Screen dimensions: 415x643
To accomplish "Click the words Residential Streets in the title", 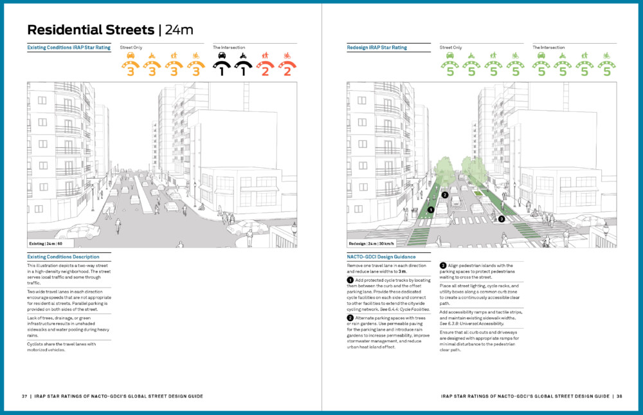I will [90, 30].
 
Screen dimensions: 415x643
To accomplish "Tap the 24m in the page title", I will [179, 30].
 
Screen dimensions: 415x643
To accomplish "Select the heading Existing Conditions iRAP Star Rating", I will [69, 48].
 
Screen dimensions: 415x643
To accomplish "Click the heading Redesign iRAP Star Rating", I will [376, 48].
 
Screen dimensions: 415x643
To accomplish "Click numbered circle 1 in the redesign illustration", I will [430, 210].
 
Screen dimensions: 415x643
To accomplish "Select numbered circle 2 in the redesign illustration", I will [445, 195].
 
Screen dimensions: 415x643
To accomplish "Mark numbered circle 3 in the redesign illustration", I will [502, 219].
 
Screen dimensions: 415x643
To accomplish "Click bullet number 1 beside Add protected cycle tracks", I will [350, 281].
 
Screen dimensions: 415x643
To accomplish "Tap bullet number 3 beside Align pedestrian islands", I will [443, 265].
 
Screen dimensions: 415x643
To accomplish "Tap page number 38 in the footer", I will [619, 396].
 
